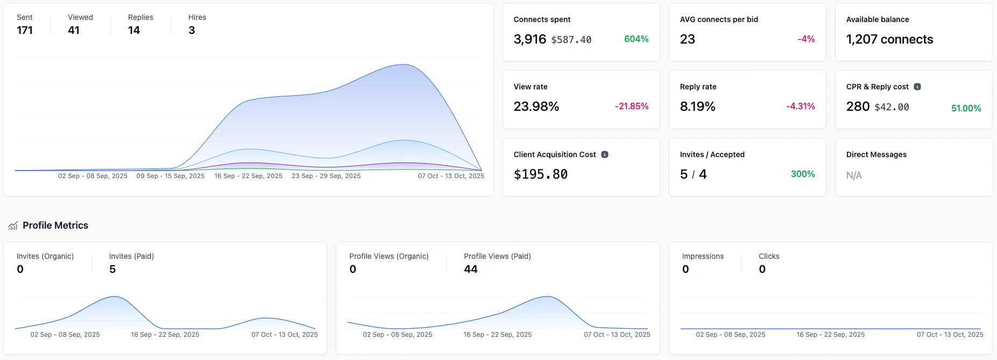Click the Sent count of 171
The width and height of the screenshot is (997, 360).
25,31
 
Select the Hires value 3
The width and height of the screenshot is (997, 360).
192,31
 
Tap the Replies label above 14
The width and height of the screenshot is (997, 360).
140,17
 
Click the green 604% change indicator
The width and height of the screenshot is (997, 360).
636,39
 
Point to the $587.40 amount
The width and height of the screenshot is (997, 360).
571,40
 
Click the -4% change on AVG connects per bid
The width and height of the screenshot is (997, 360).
806,39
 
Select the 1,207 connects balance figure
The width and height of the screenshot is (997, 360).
889,39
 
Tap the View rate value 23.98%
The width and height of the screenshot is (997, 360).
536,107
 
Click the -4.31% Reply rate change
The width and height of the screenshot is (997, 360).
800,107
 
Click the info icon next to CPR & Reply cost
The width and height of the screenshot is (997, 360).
917,87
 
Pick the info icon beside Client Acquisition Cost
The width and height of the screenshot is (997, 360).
605,154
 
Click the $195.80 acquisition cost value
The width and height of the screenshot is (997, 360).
541,174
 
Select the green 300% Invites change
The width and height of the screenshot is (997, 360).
802,174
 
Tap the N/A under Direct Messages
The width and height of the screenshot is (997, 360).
854,175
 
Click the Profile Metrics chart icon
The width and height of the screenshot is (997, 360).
13,226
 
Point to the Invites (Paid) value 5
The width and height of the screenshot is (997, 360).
112,269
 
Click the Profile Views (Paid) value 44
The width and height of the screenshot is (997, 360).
471,269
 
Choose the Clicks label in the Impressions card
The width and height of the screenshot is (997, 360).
769,256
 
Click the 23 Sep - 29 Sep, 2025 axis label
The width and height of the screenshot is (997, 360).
326,176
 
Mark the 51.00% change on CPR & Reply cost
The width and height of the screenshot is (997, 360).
966,109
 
